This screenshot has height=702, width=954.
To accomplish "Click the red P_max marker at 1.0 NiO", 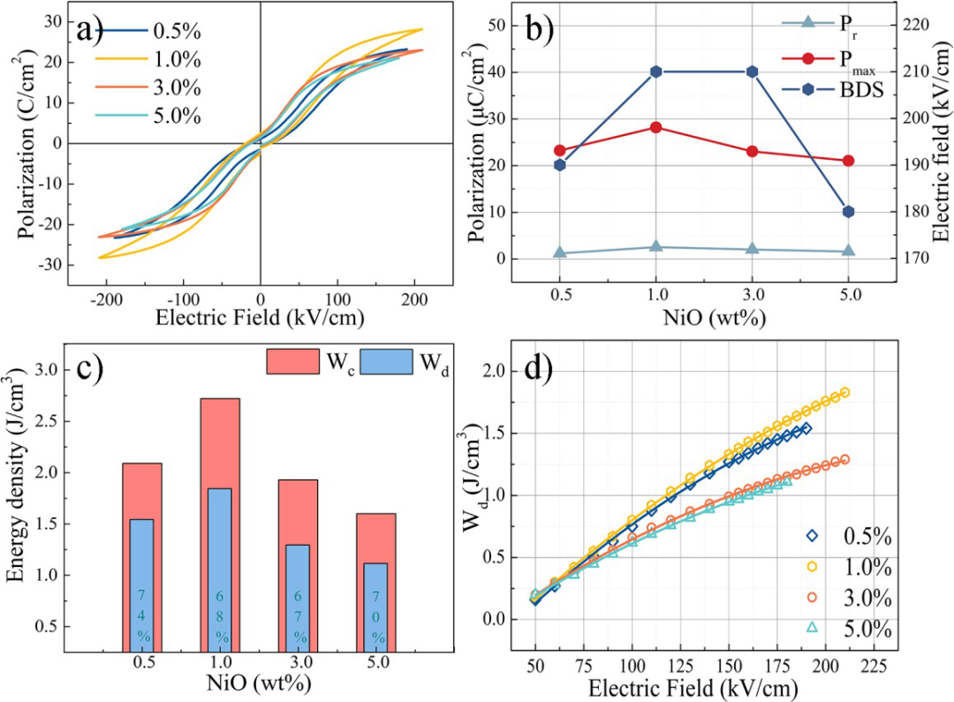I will click(x=655, y=127).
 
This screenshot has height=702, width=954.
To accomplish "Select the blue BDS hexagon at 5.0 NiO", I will click(x=848, y=212).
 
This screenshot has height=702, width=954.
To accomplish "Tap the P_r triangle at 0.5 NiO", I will click(x=559, y=253).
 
